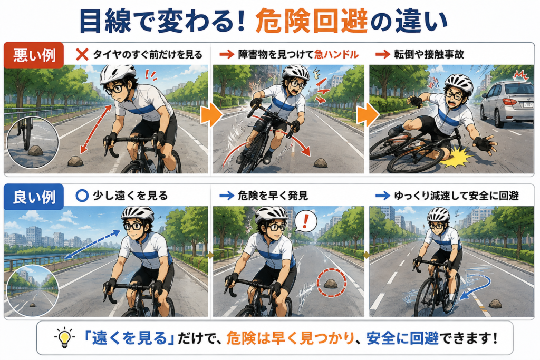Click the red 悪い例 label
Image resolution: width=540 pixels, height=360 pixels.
pos(34,55)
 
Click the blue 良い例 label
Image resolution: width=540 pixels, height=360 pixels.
pos(34,197)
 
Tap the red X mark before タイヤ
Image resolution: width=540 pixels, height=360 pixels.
pos(82,54)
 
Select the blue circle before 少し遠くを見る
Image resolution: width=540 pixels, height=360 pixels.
pos(82,196)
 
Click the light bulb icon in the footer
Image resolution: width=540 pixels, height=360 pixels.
pos(64,338)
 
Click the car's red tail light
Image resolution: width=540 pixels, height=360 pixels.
pos(509,102)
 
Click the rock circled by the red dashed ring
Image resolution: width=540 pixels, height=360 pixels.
pos(331,283)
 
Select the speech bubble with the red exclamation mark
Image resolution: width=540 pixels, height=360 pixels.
pos(305,221)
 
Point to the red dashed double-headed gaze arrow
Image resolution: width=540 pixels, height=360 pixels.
pos(96,129)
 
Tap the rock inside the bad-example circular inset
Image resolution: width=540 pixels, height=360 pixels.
pos(35,150)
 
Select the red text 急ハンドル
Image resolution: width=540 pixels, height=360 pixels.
pos(336,54)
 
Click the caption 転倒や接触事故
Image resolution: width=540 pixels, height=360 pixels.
pos(429,54)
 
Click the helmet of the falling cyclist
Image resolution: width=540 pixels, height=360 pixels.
pos(459,83)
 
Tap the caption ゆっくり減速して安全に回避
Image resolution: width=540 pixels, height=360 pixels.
pos(456,196)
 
